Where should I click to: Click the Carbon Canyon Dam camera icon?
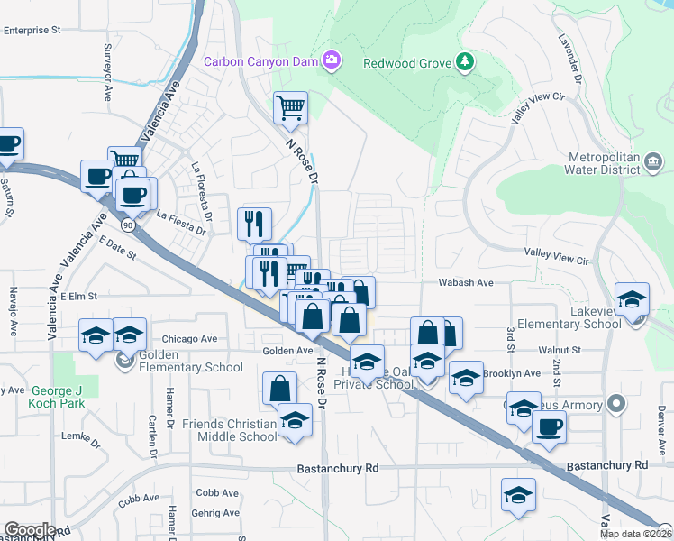[x=332, y=60]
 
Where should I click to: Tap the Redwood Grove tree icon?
[x=465, y=61]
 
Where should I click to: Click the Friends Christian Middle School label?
[x=229, y=430]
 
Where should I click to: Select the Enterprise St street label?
[x=31, y=30]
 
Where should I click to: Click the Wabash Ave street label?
[x=466, y=282]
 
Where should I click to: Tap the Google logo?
[x=29, y=530]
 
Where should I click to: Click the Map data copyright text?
[x=635, y=534]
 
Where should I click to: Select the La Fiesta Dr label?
[x=183, y=216]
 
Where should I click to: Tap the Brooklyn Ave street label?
[x=512, y=373]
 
